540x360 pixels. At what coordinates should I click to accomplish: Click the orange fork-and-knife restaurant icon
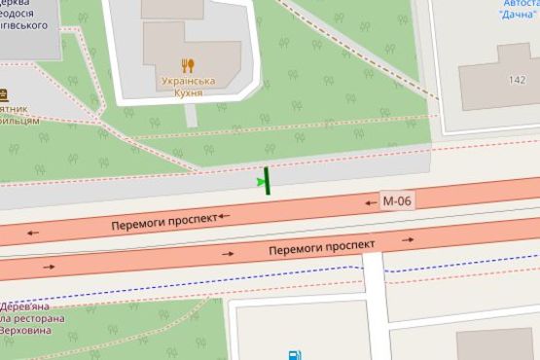(188, 66)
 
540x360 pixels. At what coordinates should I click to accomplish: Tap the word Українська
(188, 82)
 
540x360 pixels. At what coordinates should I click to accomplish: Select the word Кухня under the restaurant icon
(188, 94)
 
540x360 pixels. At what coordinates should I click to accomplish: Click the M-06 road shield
(396, 200)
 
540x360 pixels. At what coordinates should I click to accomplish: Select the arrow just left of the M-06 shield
(370, 203)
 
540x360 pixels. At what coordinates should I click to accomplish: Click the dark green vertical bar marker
(268, 180)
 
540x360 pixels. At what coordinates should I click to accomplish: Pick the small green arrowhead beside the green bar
(259, 180)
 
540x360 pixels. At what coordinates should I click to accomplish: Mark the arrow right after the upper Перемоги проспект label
(224, 215)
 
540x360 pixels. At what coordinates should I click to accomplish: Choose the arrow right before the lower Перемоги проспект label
(228, 253)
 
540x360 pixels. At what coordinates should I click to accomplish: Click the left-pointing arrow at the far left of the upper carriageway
(34, 233)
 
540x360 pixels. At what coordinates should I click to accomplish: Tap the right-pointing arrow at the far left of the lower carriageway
(49, 265)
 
